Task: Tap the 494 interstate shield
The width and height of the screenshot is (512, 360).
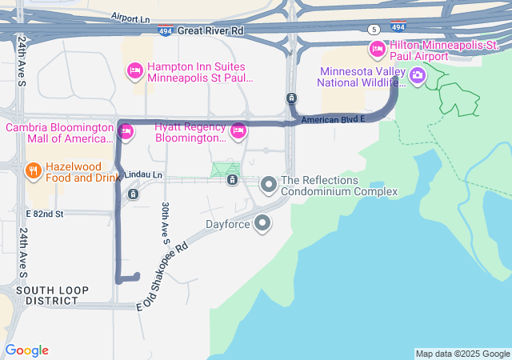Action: (165, 30)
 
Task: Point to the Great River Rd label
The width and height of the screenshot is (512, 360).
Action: (210, 30)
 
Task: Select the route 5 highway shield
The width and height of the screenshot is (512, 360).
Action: (374, 29)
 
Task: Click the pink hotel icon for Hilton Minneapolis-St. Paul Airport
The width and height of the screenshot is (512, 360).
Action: (377, 50)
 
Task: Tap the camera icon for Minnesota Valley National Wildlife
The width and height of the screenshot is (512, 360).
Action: (417, 76)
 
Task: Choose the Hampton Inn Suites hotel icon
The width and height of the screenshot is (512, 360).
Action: (135, 72)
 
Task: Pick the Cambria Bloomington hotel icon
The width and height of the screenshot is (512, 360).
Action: (125, 130)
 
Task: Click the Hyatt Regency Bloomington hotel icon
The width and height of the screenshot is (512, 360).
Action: (238, 131)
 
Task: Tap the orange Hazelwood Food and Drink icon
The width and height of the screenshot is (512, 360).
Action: (33, 170)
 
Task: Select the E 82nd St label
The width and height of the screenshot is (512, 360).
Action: (44, 214)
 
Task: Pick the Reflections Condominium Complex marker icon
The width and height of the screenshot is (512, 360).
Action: (269, 186)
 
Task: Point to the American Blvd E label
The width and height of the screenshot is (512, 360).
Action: (333, 118)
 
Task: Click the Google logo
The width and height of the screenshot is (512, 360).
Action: (26, 350)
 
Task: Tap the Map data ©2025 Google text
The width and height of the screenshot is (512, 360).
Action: (462, 354)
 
